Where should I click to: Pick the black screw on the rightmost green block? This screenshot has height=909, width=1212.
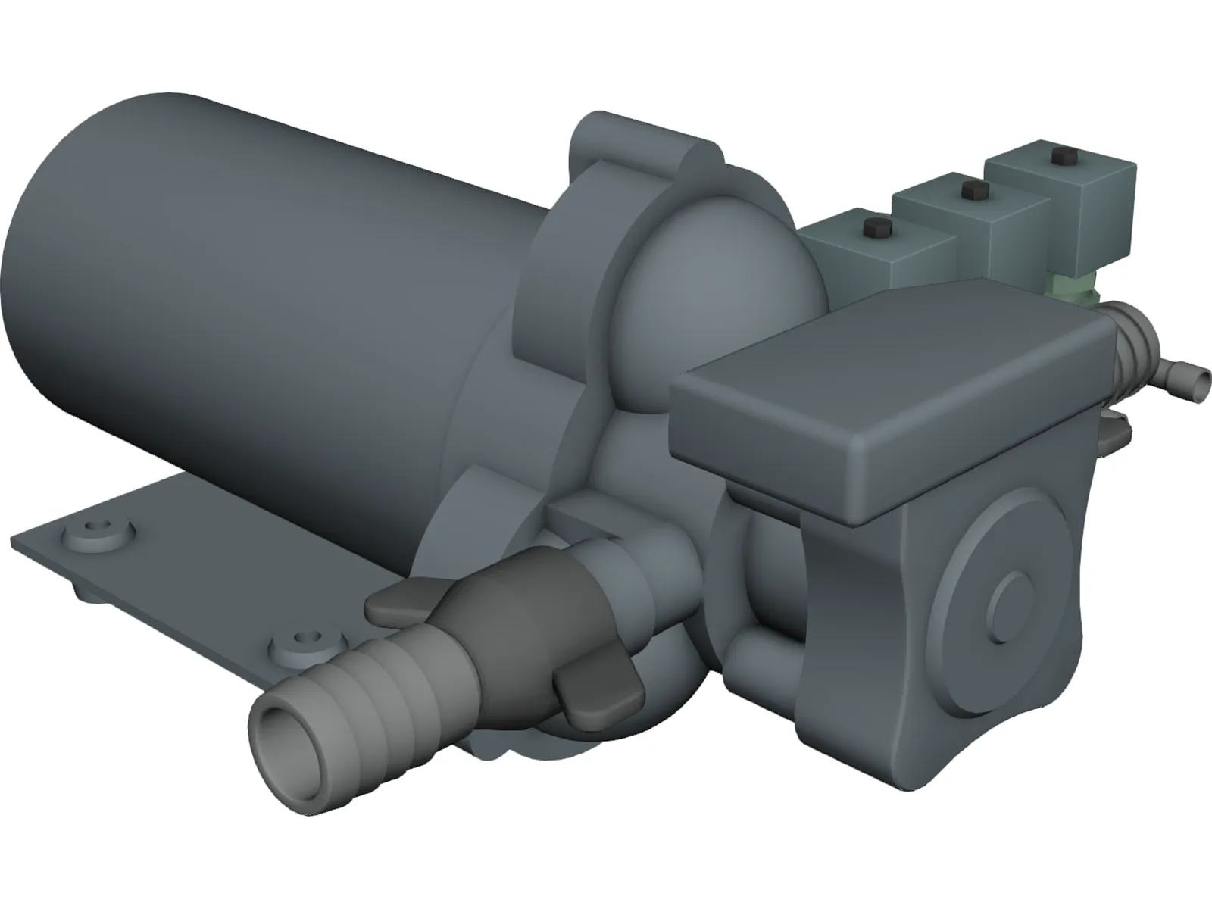[x=1058, y=157]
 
